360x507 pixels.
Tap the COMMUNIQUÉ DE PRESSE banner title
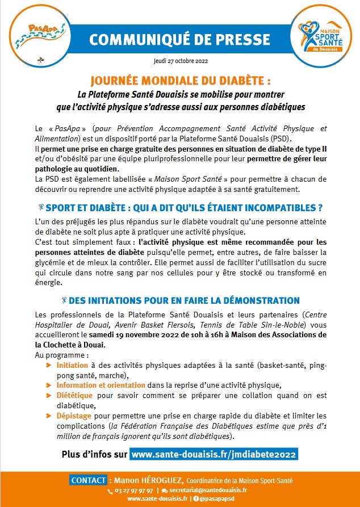point(180,39)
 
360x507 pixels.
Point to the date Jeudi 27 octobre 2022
point(180,60)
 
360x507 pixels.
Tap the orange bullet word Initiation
point(72,365)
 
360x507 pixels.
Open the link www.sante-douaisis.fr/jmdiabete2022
point(214,455)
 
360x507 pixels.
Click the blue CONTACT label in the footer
point(88,480)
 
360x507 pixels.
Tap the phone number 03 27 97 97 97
point(133,490)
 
